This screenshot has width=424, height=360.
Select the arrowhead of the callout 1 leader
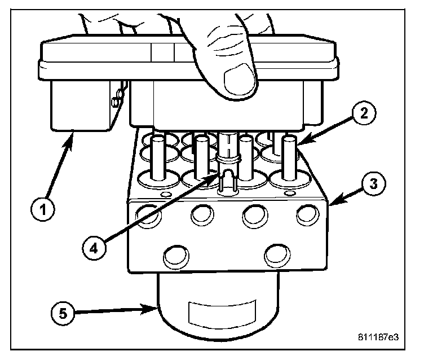pyautogui.click(x=74, y=134)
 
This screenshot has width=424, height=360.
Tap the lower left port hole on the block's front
pyautogui.click(x=176, y=256)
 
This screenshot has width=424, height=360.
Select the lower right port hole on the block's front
pyautogui.click(x=277, y=255)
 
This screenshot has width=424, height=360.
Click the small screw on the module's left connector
pyautogui.click(x=116, y=102)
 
